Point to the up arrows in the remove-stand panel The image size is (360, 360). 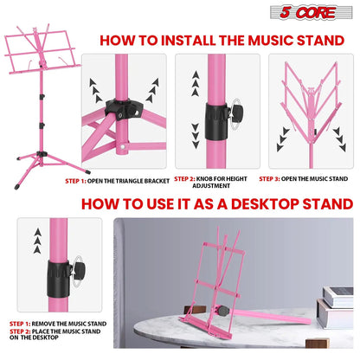click(x=36, y=237)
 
